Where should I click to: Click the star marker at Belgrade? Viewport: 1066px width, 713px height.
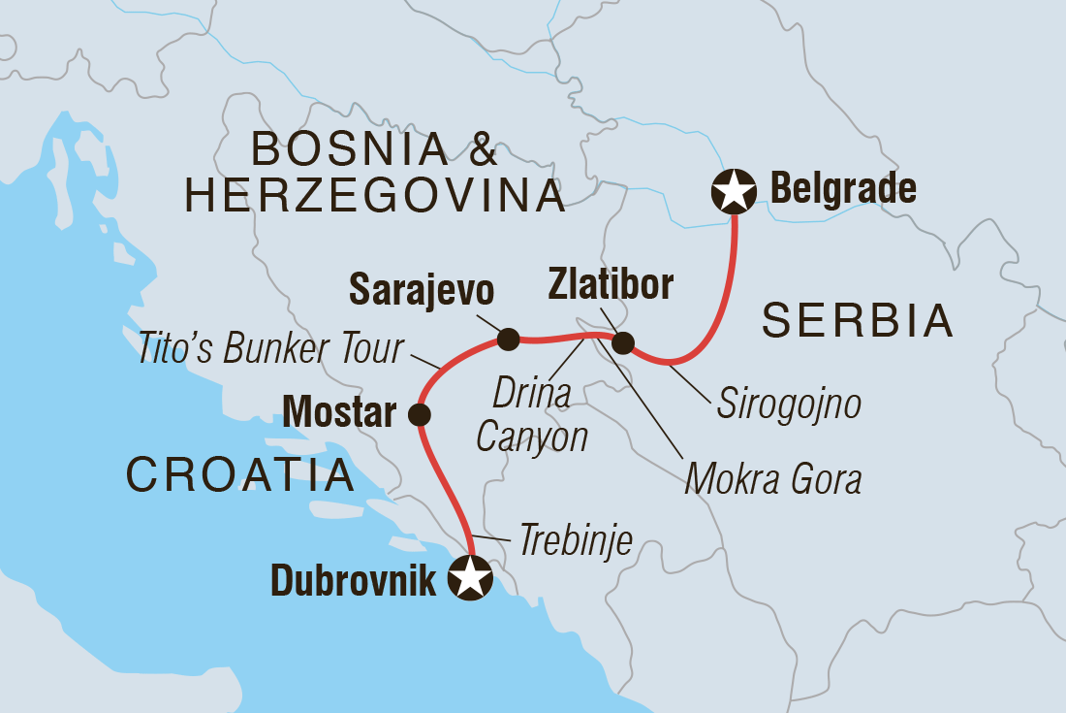pos(734,190)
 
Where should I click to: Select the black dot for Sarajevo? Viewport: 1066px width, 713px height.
pos(508,339)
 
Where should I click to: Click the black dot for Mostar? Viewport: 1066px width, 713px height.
pos(420,415)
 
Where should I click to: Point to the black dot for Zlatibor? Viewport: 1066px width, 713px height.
pos(623,342)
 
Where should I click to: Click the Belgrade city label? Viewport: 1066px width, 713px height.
pos(843,189)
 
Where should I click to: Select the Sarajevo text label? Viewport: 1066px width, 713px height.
pos(422,289)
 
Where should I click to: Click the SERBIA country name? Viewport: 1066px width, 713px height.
pos(858,321)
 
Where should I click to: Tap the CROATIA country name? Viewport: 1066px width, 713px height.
pos(238,474)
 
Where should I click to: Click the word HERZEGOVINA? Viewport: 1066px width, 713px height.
pos(375,196)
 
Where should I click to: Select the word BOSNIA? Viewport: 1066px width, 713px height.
pos(350,148)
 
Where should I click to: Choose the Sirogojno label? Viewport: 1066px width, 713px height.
pos(788,405)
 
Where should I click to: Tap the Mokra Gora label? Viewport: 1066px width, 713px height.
pos(772,478)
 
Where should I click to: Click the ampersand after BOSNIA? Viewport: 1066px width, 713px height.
pos(481,148)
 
